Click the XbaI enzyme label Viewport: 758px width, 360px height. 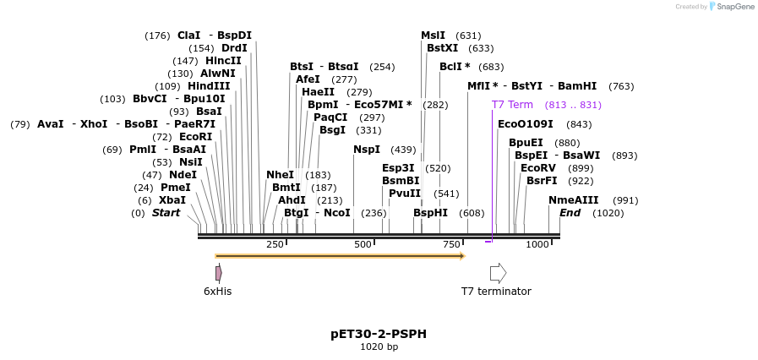pos(172,200)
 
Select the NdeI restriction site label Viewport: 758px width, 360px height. pos(183,175)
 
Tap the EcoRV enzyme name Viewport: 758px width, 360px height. pos(538,168)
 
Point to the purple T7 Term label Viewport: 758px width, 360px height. pos(512,105)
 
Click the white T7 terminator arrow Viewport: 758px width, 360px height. pos(498,273)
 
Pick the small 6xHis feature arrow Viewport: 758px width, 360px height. pos(218,273)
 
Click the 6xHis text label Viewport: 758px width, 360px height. pos(217,292)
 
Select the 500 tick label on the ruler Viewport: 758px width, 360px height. pos(363,244)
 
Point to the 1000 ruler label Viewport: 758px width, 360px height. pos(537,244)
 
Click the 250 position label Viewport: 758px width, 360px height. pos(275,244)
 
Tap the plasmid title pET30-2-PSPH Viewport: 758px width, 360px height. pos(378,334)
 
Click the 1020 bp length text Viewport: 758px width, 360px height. pos(378,347)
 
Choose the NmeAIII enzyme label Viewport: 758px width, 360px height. pos(573,200)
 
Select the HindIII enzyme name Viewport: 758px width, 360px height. pos(208,86)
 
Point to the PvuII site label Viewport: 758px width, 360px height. pos(405,194)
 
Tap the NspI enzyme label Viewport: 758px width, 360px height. pos(367,150)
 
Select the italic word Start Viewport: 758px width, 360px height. pos(166,213)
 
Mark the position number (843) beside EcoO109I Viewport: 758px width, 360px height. pos(580,124)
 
